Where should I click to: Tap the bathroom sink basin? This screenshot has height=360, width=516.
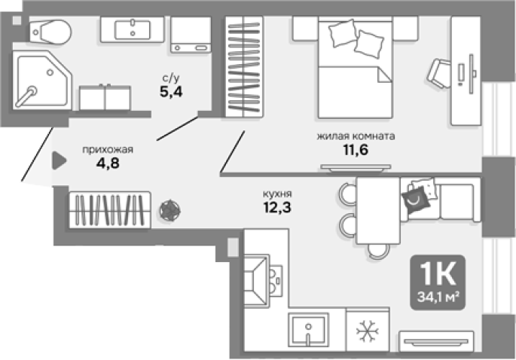pos(133,29)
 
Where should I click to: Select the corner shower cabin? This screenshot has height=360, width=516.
pos(42,81)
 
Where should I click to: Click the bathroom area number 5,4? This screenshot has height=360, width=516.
pos(171,92)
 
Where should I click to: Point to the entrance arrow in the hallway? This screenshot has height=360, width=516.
pos(59,160)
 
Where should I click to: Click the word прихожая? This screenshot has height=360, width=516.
pos(108,150)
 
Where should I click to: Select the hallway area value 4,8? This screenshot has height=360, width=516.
pos(108,163)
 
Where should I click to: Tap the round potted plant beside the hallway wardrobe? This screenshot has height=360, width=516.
pos(169,210)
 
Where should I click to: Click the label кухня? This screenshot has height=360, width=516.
pos(277,194)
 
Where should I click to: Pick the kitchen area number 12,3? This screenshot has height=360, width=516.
pos(277,207)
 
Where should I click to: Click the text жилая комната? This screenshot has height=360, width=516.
pos(356,136)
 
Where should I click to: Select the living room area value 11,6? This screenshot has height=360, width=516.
pos(356,150)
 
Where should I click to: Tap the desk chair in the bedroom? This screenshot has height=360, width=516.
pos(439,73)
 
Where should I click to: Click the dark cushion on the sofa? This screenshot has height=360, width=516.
pos(416,200)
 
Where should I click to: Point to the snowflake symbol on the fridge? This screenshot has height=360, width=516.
pos(368,331)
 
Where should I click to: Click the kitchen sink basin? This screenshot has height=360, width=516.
pos(308,330)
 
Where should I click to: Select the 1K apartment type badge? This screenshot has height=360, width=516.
pos(438,282)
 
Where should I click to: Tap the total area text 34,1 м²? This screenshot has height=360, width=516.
pos(438,297)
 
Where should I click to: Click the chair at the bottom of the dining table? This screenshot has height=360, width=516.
pos(378,251)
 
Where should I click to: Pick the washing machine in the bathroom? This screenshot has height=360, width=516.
pos(191,35)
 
